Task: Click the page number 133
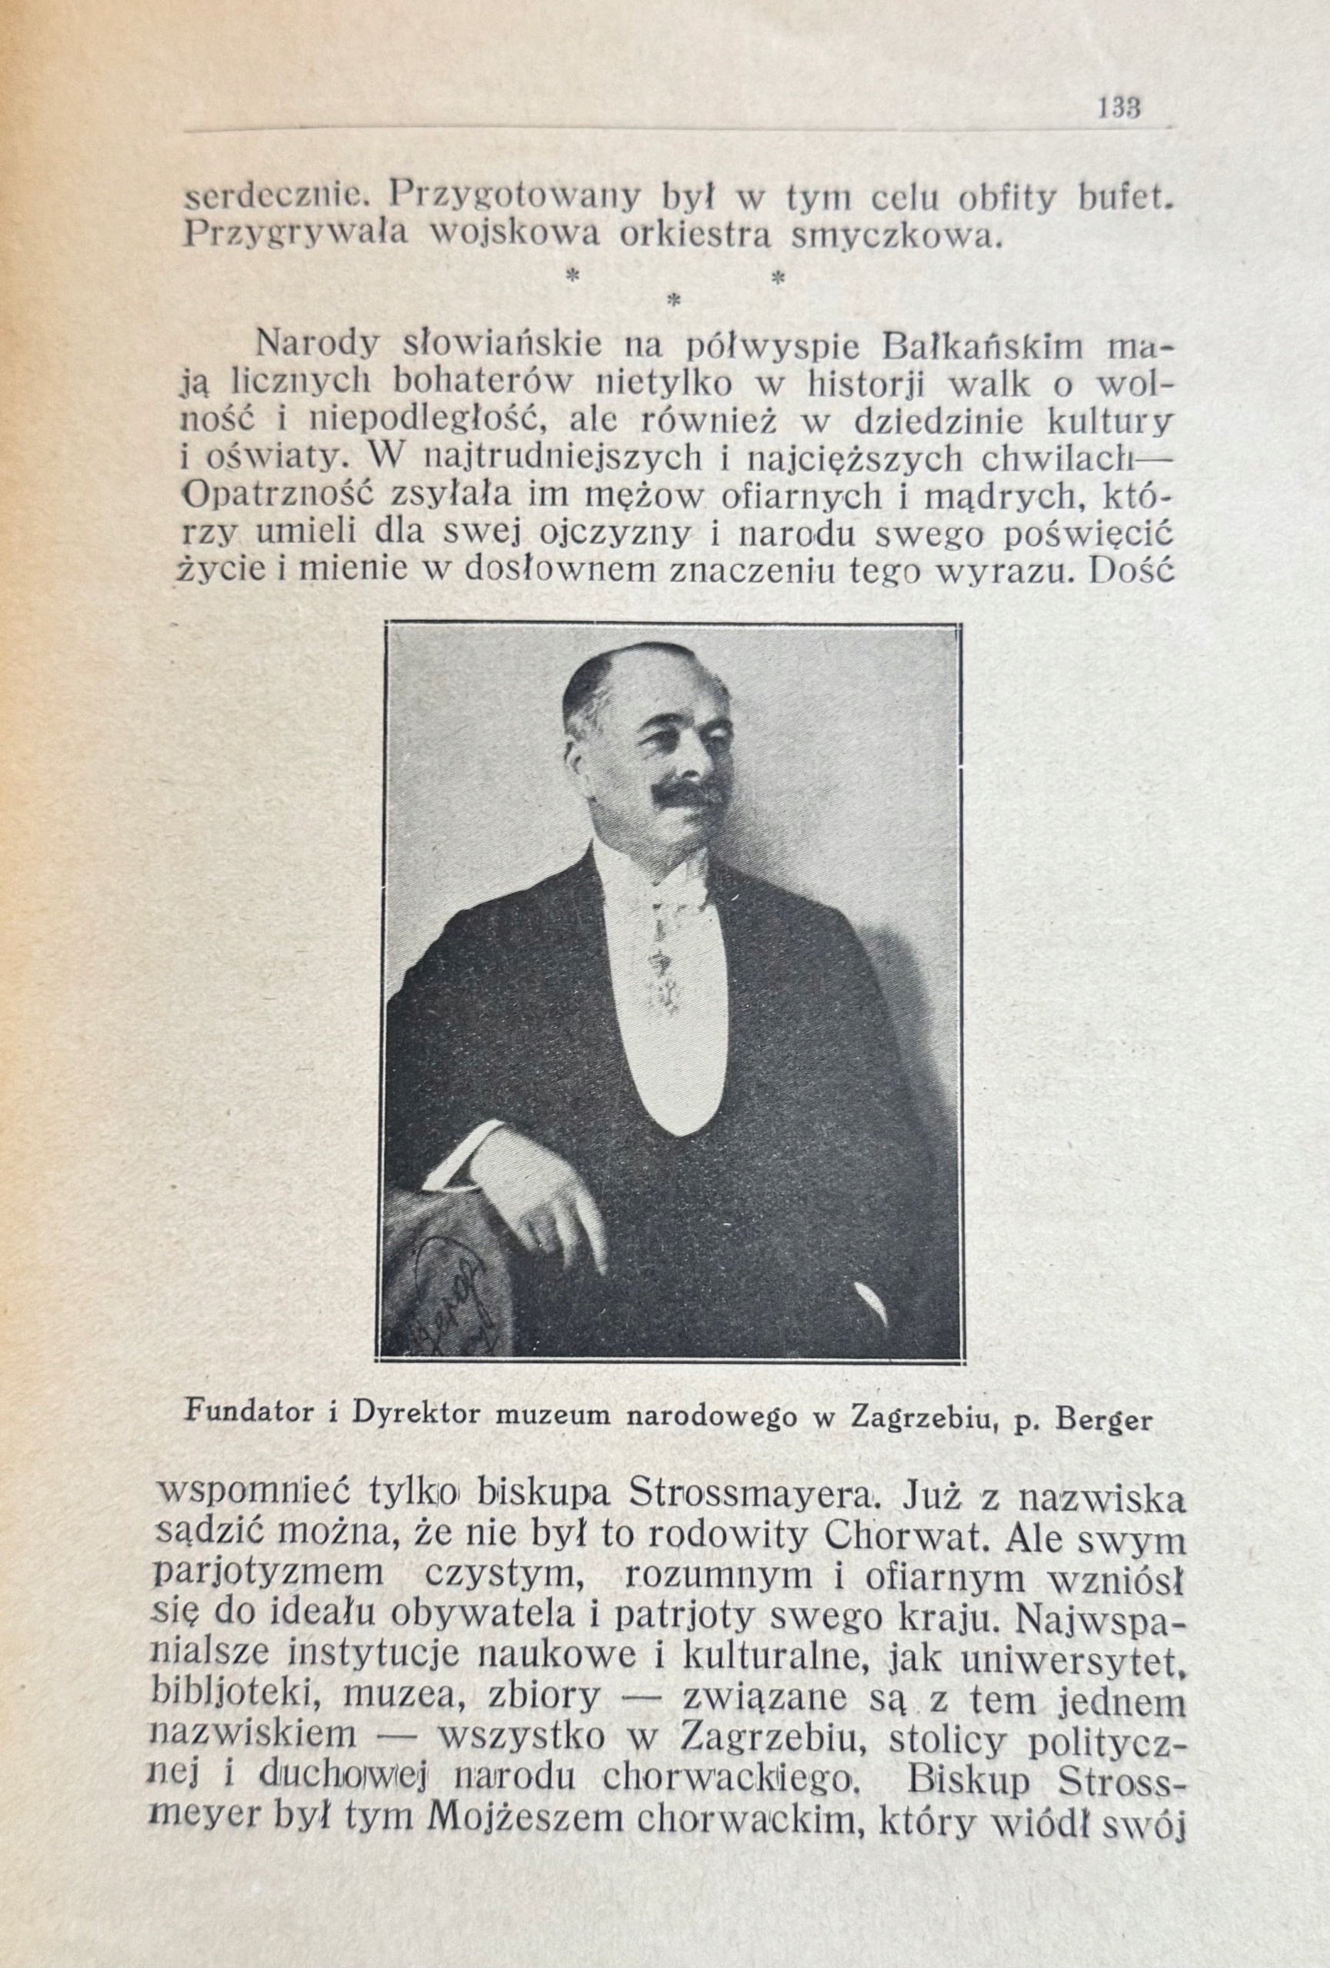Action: pos(1119,108)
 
